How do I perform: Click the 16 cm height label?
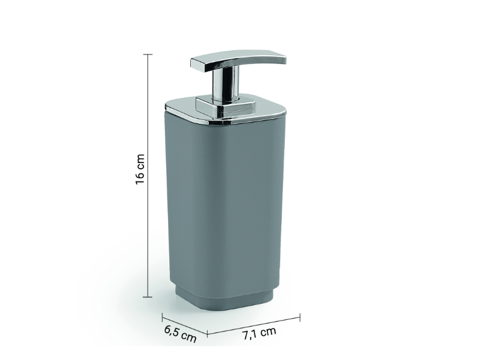[140, 170]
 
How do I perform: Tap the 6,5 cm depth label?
[179, 333]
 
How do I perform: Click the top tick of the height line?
[148, 54]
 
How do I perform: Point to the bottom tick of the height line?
[148, 297]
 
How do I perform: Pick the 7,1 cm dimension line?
[254, 324]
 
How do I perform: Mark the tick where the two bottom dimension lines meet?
[208, 332]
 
